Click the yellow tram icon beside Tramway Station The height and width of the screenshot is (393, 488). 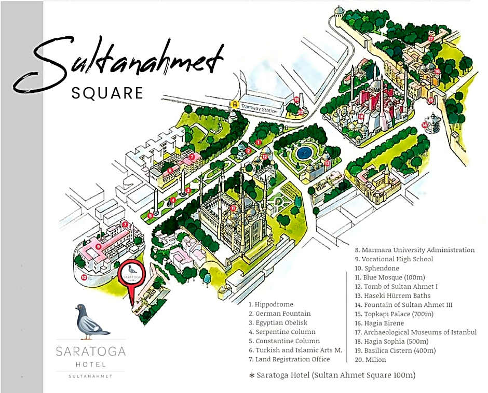click(235, 105)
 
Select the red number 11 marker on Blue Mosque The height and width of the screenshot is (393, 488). click(234, 208)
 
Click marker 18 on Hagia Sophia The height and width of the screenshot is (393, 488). click(361, 117)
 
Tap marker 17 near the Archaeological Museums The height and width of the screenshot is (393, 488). click(430, 38)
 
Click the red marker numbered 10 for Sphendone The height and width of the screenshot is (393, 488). click(84, 277)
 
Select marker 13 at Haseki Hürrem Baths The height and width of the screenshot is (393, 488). click(327, 163)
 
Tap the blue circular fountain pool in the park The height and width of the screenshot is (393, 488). click(303, 153)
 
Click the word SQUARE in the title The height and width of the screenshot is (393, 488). click(107, 92)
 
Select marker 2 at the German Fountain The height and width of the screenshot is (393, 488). click(249, 151)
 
